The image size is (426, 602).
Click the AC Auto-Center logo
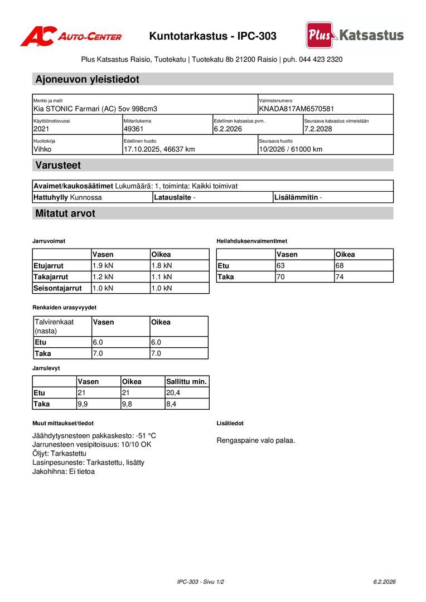click(x=71, y=37)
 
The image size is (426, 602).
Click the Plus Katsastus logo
click(x=355, y=36)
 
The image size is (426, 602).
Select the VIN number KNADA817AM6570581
click(x=297, y=109)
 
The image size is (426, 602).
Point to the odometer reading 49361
click(x=134, y=129)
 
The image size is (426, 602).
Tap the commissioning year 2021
click(x=41, y=129)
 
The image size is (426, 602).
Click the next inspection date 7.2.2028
click(x=318, y=129)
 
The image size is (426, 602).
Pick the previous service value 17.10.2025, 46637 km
click(x=159, y=149)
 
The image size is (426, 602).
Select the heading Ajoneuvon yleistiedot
click(x=87, y=79)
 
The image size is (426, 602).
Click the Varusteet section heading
click(x=58, y=165)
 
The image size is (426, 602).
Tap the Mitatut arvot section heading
click(x=65, y=213)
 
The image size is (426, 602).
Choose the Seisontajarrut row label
click(x=57, y=288)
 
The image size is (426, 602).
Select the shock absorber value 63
click(x=280, y=265)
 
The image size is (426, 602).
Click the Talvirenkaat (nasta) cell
click(x=55, y=326)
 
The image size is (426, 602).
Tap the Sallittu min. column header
click(x=186, y=382)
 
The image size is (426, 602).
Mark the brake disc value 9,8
click(x=127, y=404)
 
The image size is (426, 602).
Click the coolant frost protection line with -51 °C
click(x=94, y=435)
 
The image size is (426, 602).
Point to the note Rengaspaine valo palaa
click(x=255, y=440)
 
